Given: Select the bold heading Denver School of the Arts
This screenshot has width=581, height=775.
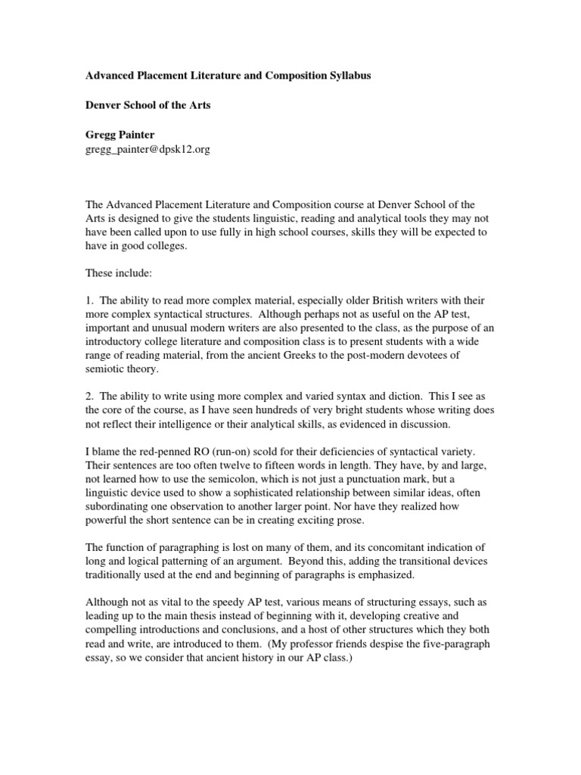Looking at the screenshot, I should pos(147,105).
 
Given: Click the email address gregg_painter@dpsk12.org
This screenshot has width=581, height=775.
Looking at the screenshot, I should pos(146,149).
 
